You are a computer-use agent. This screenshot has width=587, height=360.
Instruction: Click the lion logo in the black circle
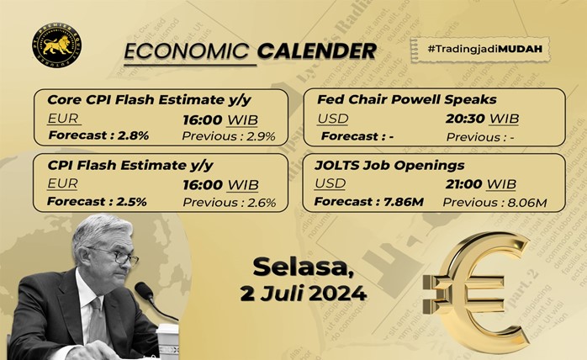click(56, 45)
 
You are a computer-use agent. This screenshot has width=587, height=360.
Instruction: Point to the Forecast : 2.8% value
click(98, 135)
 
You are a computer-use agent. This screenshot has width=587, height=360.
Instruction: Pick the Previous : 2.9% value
click(229, 136)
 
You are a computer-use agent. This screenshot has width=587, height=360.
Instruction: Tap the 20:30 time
click(465, 119)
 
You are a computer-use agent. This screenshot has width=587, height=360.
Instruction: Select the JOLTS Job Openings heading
click(389, 165)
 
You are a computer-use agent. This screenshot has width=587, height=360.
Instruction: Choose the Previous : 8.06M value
click(494, 203)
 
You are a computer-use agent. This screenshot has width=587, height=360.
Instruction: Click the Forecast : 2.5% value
click(97, 202)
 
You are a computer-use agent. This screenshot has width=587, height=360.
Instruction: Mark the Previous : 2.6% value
click(229, 203)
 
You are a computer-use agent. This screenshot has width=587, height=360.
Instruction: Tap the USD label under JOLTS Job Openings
click(330, 183)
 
